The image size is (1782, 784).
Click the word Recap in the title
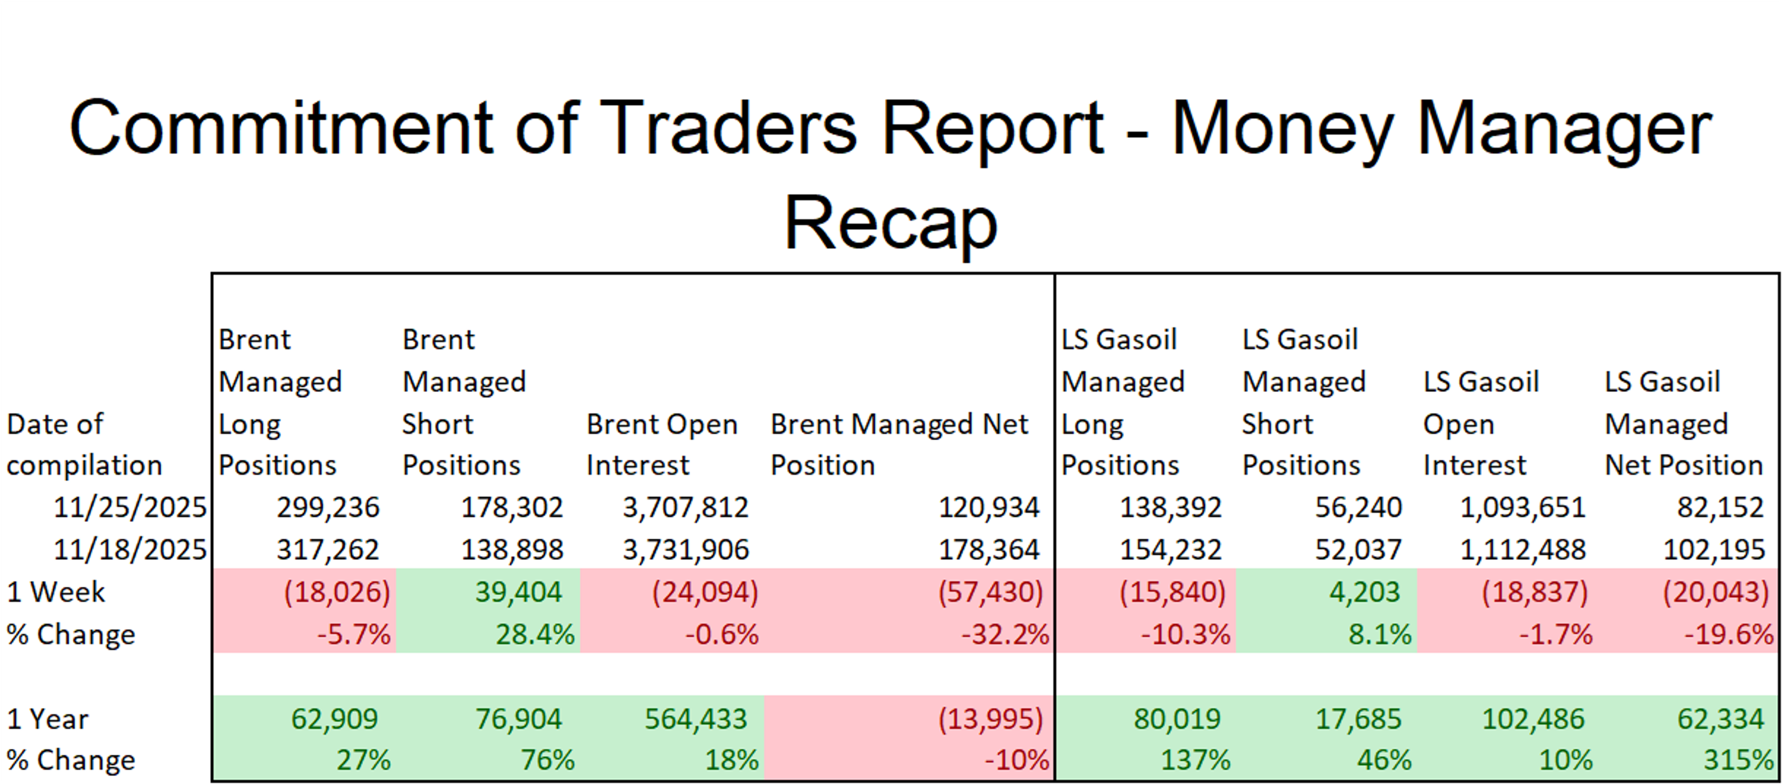(891, 223)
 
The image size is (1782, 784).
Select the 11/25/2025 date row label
(130, 508)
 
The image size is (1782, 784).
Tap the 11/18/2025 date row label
(130, 550)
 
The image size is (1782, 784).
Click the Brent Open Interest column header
(662, 444)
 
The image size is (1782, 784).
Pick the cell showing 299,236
(328, 508)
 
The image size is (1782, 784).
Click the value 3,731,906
(685, 550)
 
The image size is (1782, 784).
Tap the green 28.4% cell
(535, 634)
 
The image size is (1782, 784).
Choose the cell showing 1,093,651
(1522, 508)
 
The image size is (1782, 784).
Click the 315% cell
(1738, 760)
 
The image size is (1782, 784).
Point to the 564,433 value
(696, 719)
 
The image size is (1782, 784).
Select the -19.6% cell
(1728, 634)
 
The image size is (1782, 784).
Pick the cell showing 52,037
(1358, 550)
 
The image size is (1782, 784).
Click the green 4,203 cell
(1364, 592)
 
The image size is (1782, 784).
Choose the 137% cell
(1194, 760)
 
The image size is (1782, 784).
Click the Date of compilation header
(84, 444)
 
